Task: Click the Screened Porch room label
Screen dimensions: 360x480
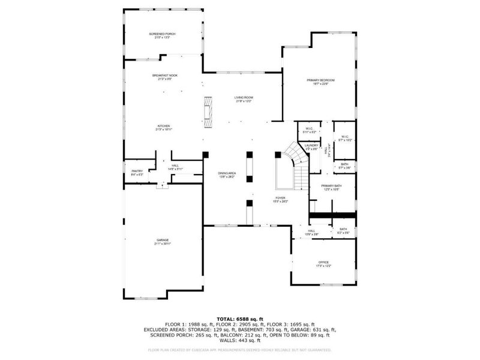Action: [164, 35]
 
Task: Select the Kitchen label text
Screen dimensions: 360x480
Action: [164, 127]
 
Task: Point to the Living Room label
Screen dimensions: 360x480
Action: [244, 98]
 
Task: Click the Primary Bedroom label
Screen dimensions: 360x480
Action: [320, 81]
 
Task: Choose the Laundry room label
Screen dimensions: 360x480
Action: [311, 146]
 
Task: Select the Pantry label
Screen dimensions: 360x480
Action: [137, 173]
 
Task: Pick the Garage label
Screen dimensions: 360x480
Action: [163, 241]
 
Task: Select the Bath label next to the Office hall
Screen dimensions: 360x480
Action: [343, 230]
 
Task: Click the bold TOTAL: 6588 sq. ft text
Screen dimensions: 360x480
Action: [240, 319]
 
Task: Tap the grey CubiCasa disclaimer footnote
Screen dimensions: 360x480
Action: [240, 349]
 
